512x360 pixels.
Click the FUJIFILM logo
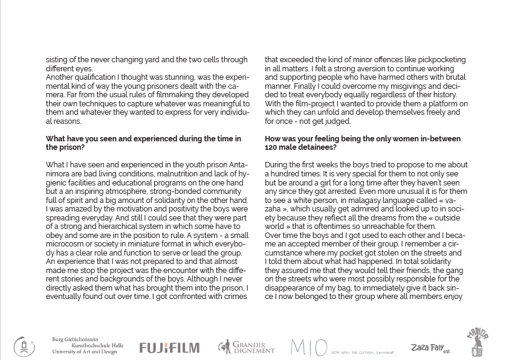click(x=169, y=347)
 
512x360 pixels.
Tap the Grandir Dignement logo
click(x=246, y=347)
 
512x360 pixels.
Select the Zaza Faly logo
click(x=430, y=348)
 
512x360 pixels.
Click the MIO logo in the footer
click(x=309, y=347)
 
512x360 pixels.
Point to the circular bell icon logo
click(x=24, y=347)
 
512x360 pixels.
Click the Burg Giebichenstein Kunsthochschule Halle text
click(x=87, y=346)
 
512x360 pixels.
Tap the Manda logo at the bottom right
click(x=477, y=343)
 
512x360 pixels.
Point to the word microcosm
click(x=63, y=244)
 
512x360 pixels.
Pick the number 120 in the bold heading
click(x=271, y=147)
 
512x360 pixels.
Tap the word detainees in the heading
click(x=321, y=147)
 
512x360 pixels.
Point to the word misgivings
click(x=425, y=86)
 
